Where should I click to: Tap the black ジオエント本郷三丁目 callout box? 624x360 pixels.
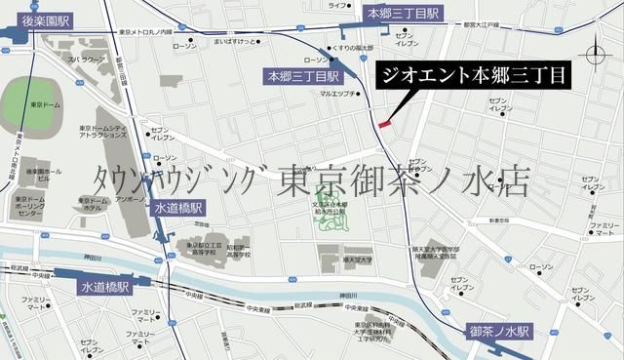[x=472, y=75]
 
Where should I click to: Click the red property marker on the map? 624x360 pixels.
[x=384, y=124]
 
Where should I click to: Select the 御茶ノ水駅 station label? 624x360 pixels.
[x=497, y=331]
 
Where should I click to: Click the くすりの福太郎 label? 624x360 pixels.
[x=359, y=47]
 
